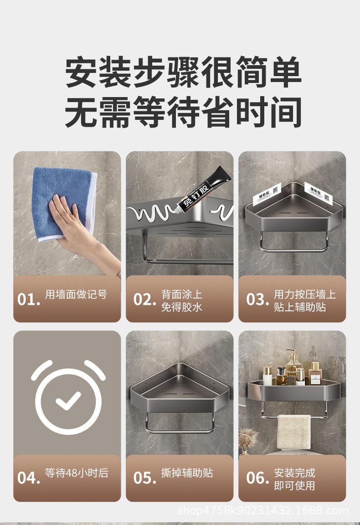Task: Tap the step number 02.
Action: pyautogui.click(x=144, y=299)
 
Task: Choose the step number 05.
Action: pyautogui.click(x=144, y=478)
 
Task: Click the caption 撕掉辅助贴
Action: pyautogui.click(x=187, y=473)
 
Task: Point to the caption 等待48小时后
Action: pyautogui.click(x=76, y=473)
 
